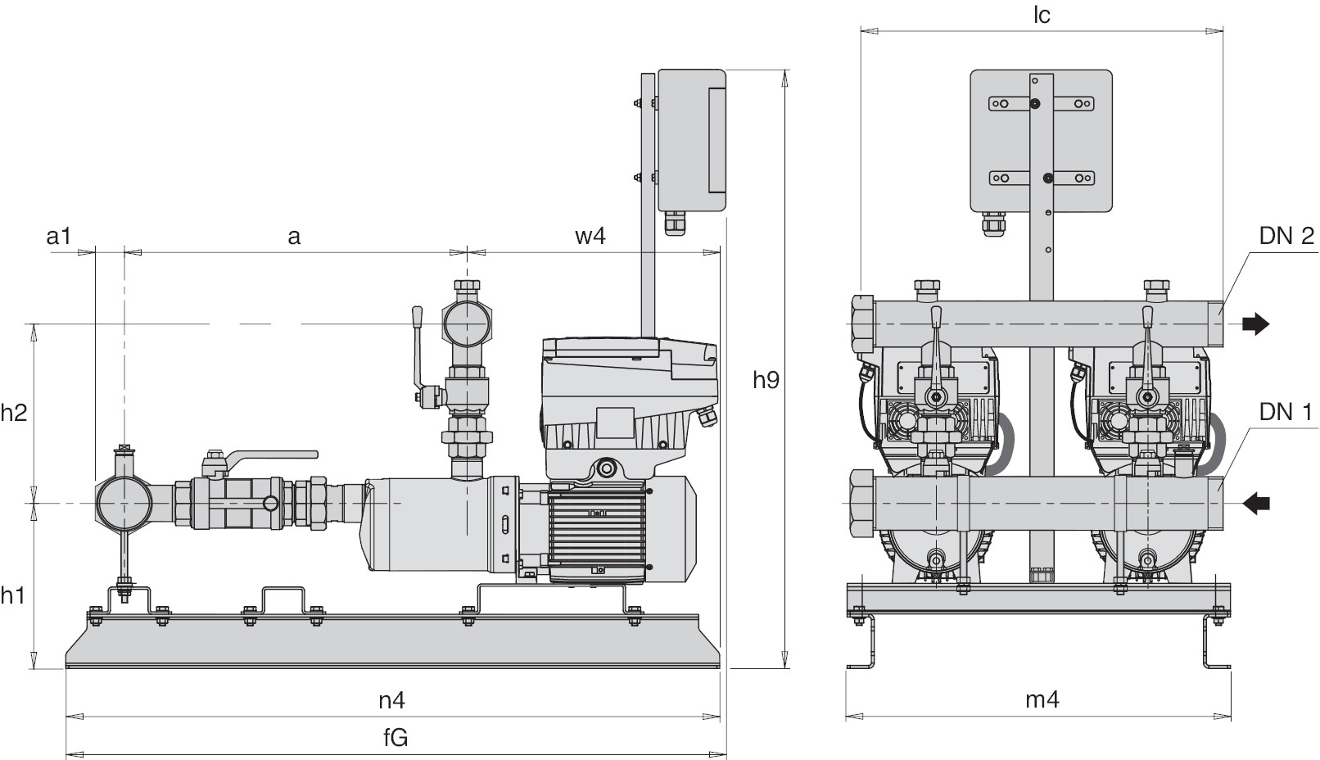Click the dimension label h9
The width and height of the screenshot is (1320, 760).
(766, 380)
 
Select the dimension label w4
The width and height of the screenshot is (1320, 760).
(590, 237)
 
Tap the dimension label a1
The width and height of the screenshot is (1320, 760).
(59, 237)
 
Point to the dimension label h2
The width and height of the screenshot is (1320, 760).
(14, 412)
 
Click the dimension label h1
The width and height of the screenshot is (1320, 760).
(12, 595)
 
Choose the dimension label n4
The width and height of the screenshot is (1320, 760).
(392, 701)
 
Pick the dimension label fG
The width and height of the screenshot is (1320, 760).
(396, 738)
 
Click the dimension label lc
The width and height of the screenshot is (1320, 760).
(1041, 16)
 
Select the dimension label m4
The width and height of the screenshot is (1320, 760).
(1042, 699)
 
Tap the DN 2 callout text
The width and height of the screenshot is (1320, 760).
(1286, 237)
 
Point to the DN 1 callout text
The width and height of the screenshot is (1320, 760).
(1286, 412)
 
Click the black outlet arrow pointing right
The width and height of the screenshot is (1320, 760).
(1255, 324)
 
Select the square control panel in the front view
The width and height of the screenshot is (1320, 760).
(1040, 139)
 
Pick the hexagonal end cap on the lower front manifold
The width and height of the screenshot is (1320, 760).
(861, 503)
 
